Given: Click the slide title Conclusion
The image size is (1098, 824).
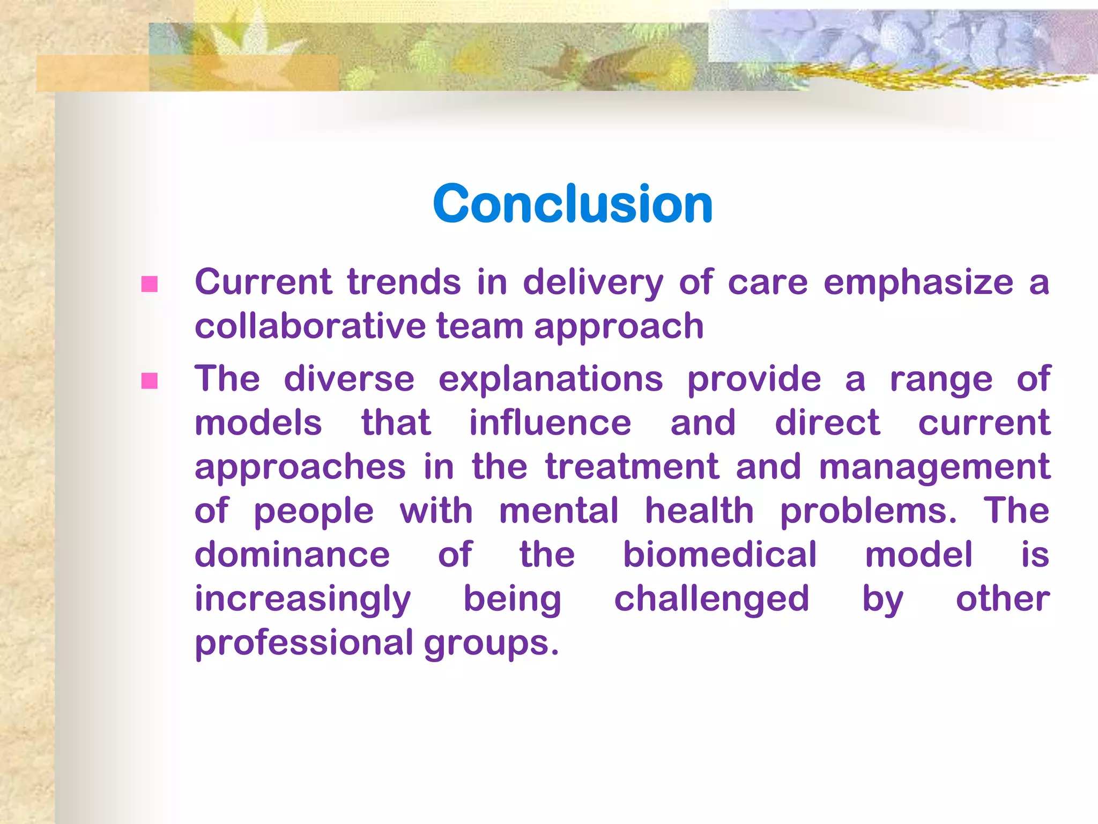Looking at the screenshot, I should click(x=573, y=204).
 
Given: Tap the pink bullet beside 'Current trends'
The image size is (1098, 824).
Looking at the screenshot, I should click(x=149, y=284).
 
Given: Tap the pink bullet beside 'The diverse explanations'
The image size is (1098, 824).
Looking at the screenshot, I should click(x=149, y=381).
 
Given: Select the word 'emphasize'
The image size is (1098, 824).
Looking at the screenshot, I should click(x=918, y=283).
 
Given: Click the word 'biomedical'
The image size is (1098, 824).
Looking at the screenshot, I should click(x=719, y=555).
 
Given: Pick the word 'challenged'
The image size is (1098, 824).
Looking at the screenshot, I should click(x=711, y=600).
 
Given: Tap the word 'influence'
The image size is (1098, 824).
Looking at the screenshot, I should click(x=550, y=423).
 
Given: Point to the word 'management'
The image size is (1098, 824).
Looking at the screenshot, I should click(x=934, y=468).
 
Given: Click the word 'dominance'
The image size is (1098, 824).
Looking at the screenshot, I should click(x=292, y=555).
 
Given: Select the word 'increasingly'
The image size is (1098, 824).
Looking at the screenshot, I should click(x=302, y=600).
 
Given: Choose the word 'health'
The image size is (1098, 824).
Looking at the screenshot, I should click(x=699, y=511).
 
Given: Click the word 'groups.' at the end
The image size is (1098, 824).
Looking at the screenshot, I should click(x=491, y=644).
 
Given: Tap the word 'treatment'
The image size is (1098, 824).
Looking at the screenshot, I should click(x=632, y=467).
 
